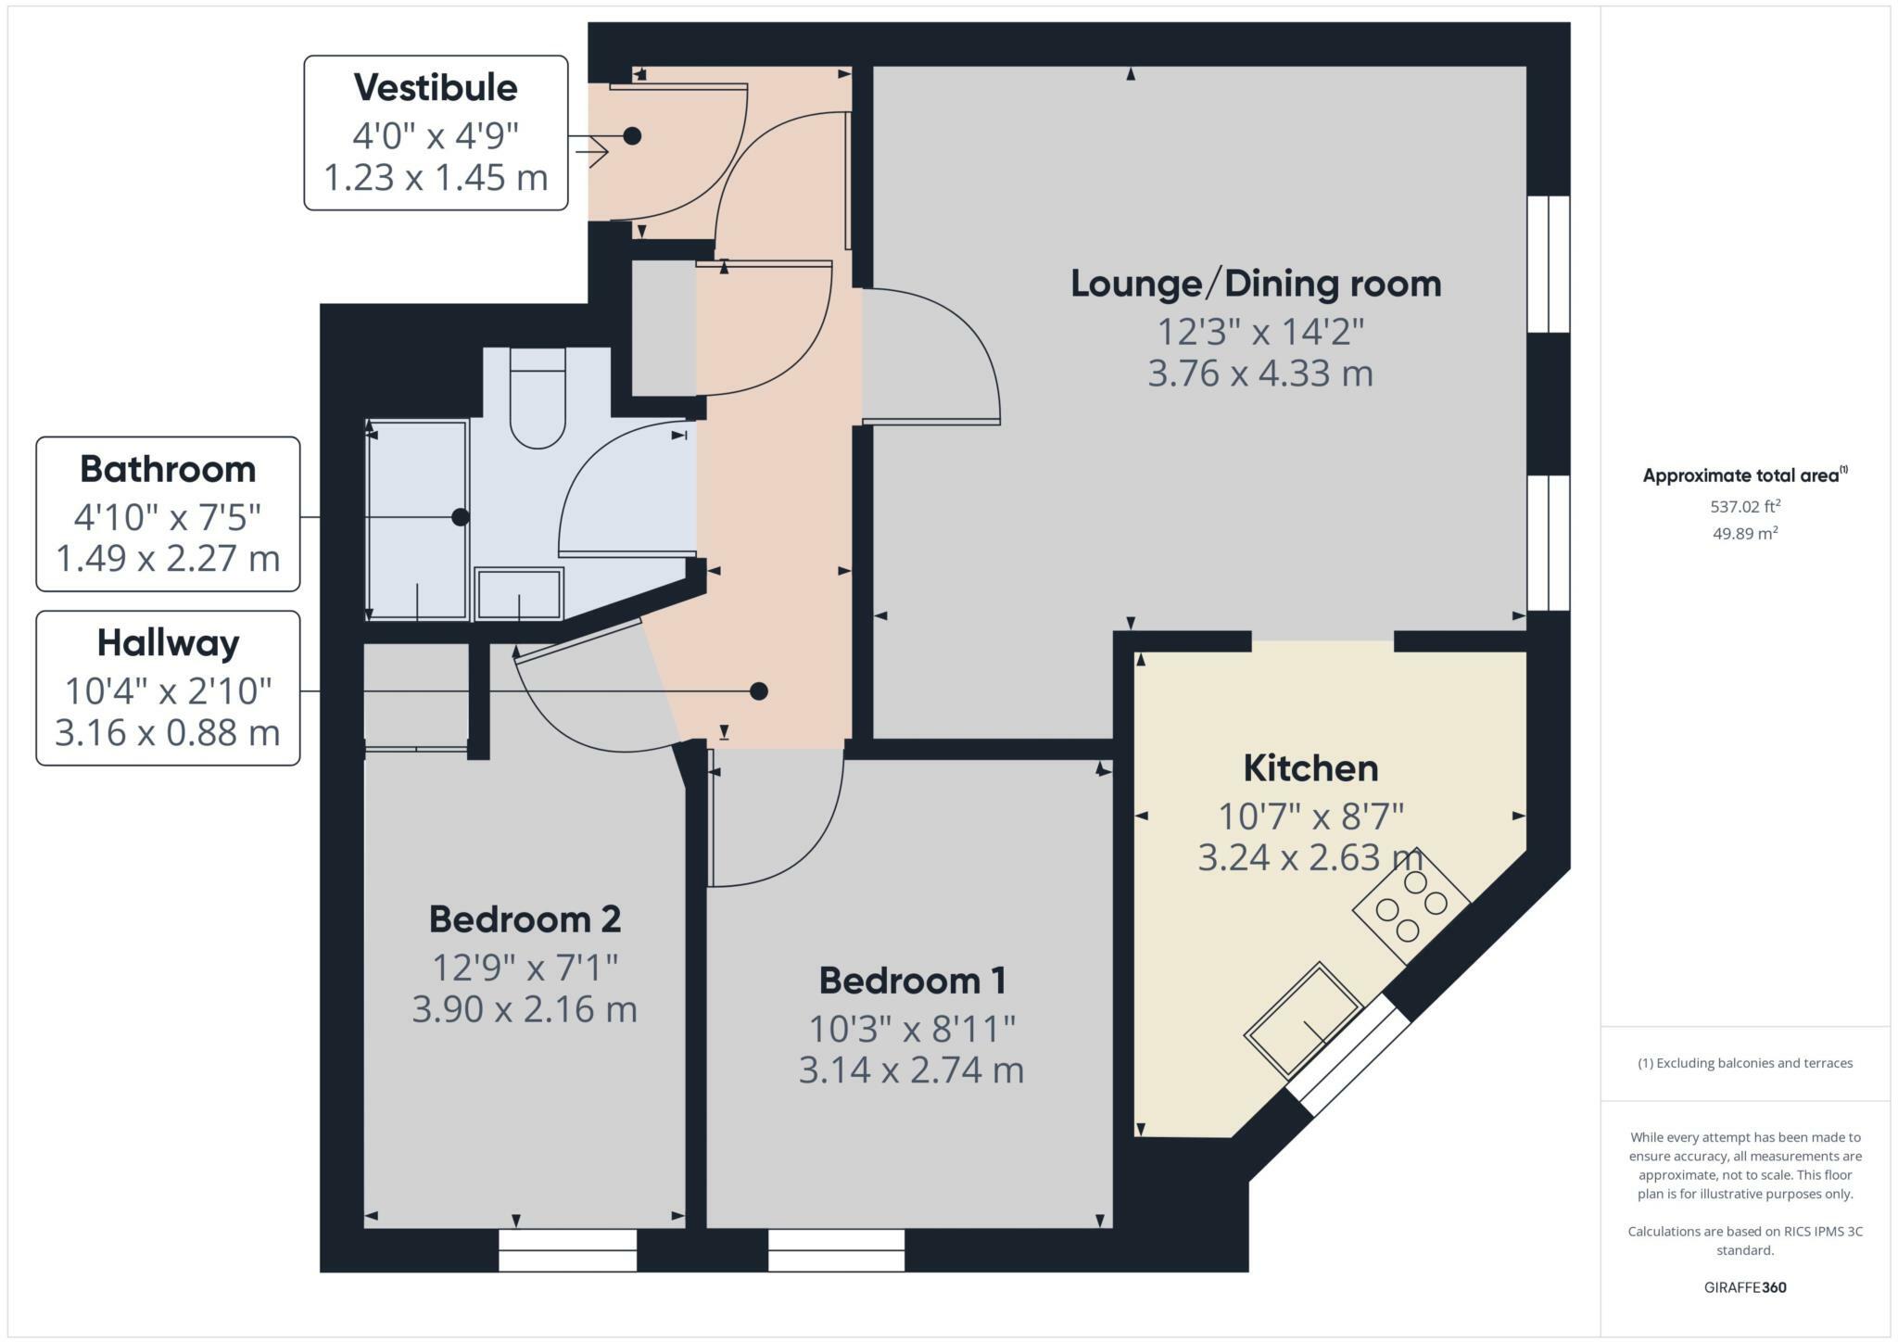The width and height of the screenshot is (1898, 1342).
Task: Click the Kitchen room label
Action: pyautogui.click(x=1310, y=768)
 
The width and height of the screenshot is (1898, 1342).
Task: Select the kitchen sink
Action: pyautogui.click(x=1302, y=1020)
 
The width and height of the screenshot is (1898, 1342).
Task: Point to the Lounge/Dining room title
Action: pyautogui.click(x=1256, y=284)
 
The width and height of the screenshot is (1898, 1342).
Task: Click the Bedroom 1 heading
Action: pyautogui.click(x=912, y=981)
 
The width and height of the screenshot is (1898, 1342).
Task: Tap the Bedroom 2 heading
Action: pyautogui.click(x=525, y=919)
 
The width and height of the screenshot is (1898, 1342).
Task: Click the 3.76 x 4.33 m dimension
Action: pyautogui.click(x=1259, y=373)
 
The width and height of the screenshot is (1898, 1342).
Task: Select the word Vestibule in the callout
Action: pyautogui.click(x=436, y=87)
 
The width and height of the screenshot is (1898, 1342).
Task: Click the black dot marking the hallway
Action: pyautogui.click(x=759, y=691)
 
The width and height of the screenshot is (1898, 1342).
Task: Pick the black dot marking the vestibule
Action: pyautogui.click(x=632, y=136)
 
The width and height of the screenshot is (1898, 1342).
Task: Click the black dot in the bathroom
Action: pyautogui.click(x=460, y=517)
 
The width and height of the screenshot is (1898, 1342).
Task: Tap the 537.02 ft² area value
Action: pyautogui.click(x=1745, y=506)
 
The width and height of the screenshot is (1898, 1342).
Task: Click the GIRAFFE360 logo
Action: pyautogui.click(x=1745, y=1287)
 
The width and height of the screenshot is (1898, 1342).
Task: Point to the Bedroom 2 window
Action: pyautogui.click(x=567, y=1250)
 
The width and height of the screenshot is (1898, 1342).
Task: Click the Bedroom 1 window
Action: pyautogui.click(x=836, y=1250)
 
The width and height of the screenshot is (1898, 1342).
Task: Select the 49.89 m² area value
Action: pyautogui.click(x=1745, y=533)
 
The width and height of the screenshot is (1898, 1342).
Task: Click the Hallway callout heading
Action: pyautogui.click(x=168, y=643)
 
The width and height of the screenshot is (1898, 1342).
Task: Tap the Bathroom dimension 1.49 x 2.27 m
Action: pyautogui.click(x=168, y=559)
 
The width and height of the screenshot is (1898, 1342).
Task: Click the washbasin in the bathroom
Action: pyautogui.click(x=519, y=594)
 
